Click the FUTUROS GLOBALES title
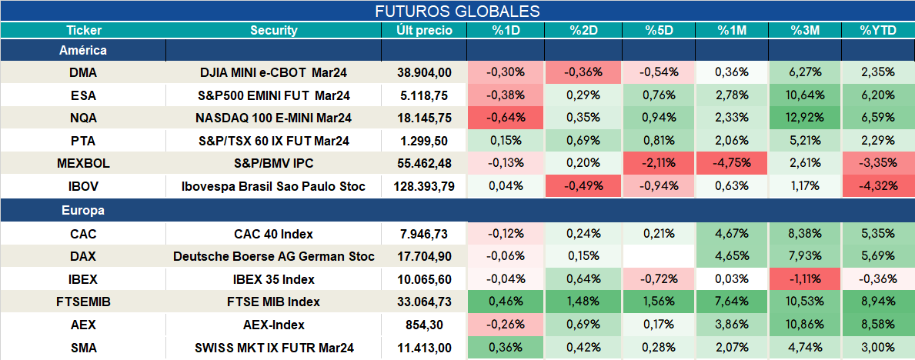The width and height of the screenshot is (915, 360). [x=457, y=11]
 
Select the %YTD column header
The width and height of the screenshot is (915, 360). [x=877, y=31]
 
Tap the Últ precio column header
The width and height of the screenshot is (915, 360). [x=424, y=31]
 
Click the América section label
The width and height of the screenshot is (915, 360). [x=83, y=50]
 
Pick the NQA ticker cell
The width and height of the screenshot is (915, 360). [x=83, y=118]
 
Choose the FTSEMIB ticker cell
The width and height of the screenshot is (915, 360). [x=83, y=302]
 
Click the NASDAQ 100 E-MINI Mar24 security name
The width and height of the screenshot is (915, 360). [x=274, y=118]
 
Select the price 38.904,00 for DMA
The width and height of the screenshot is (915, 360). [x=424, y=72]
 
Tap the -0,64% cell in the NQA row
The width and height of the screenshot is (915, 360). [x=506, y=118]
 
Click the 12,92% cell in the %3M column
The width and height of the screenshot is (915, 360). [x=805, y=118]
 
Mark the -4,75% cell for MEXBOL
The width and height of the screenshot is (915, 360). [x=732, y=164]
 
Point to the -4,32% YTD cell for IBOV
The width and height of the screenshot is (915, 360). [x=878, y=187]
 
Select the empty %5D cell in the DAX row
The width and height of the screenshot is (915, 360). [x=659, y=257]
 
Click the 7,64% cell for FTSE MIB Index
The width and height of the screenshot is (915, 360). [x=732, y=302]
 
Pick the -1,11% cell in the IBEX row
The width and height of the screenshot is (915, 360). [x=805, y=279]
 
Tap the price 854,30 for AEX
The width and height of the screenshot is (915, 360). [x=424, y=325]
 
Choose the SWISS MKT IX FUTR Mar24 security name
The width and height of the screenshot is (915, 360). [x=274, y=348]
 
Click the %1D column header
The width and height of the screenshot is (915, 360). [x=506, y=31]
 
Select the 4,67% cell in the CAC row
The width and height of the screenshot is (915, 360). [x=732, y=234]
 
